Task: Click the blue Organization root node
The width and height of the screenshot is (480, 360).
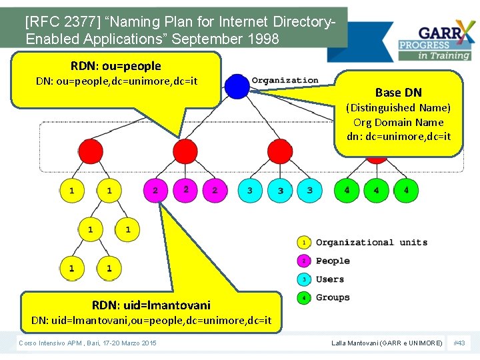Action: pos(237,86)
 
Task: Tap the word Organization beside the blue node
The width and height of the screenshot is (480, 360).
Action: pos(285,81)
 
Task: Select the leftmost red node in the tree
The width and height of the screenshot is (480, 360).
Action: pos(91,151)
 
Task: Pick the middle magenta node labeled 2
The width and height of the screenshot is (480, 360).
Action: pos(185,190)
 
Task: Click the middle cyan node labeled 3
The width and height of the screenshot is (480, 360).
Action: pos(280,191)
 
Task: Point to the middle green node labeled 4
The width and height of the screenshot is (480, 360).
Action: pos(376,191)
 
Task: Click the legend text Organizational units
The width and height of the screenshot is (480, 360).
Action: pos(371,242)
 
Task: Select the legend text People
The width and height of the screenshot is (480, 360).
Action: pos(333,261)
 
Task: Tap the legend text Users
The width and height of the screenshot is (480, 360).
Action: pos(330,279)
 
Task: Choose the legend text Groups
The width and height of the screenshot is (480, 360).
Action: pos(333,297)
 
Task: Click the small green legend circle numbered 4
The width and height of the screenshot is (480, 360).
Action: pos(304,298)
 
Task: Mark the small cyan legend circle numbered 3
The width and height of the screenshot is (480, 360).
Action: pos(304,279)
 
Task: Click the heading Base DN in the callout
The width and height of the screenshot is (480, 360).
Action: pos(398,93)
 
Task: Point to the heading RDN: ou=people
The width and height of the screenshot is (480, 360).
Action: pos(116,66)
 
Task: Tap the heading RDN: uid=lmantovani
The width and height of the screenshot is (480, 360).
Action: pos(151,305)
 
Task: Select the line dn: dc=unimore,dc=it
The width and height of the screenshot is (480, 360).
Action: pos(398,137)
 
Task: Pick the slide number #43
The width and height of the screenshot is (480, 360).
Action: pos(459,343)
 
